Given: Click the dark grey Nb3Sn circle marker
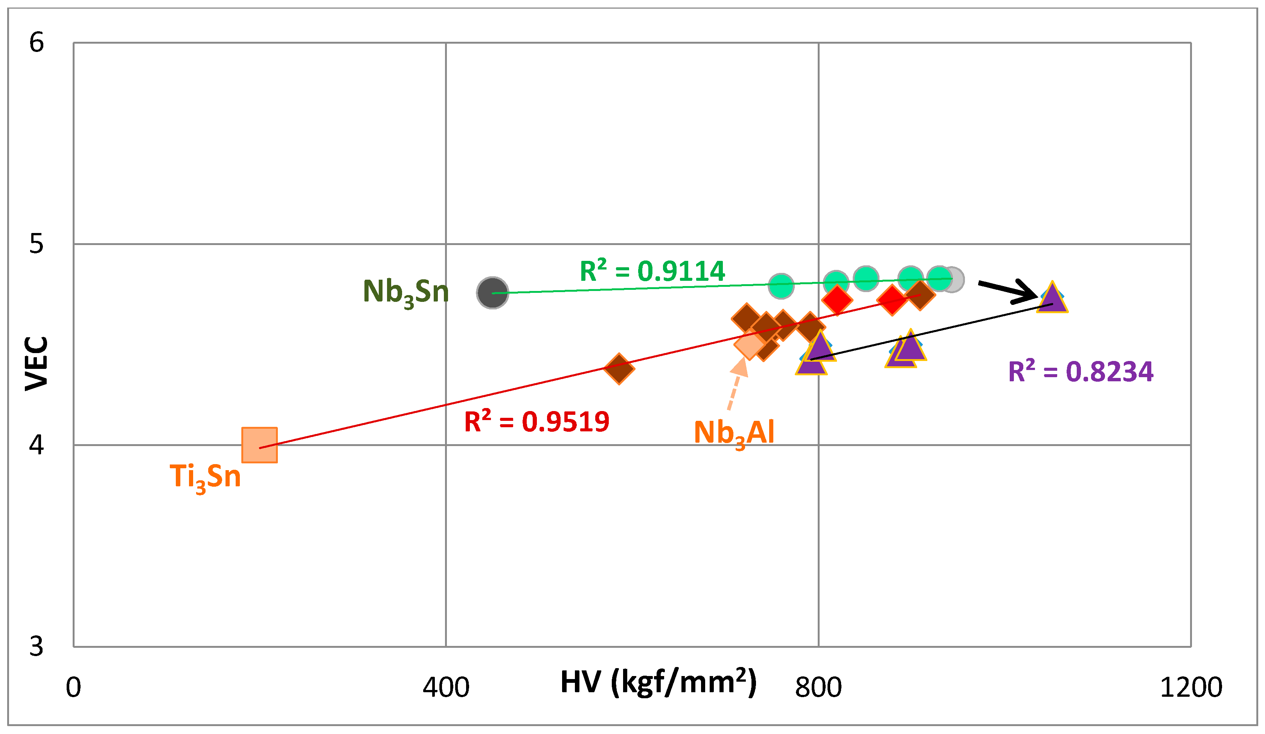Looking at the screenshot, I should (x=492, y=293).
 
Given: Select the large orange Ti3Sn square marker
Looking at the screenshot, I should (x=259, y=445).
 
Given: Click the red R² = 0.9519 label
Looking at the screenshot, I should (x=536, y=421).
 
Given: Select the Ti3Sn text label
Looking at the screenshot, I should (x=205, y=477).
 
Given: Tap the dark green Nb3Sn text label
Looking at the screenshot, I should (x=405, y=292).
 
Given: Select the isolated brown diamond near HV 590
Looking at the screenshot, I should (x=619, y=369).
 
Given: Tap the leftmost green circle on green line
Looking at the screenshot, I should (x=780, y=286).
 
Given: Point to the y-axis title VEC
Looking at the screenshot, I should (x=37, y=364).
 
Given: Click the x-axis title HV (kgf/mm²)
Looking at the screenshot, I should (x=658, y=683).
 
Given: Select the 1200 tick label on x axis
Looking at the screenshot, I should (x=1191, y=688).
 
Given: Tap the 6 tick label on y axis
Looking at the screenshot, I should (x=37, y=42).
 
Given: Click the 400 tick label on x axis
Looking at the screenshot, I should (x=446, y=688).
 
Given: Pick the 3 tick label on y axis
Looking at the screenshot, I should (x=37, y=647).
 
